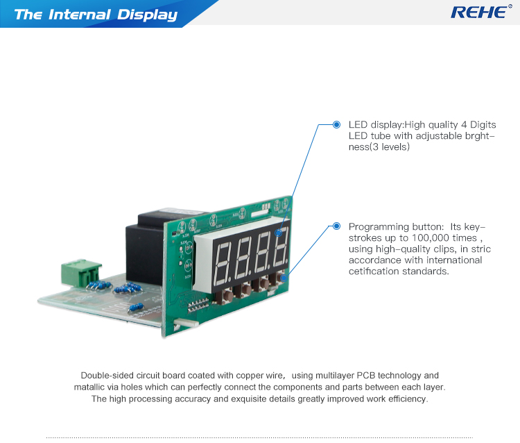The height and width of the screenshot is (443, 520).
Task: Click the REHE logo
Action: pos(481,12)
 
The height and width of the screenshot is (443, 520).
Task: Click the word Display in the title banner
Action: pos(147,15)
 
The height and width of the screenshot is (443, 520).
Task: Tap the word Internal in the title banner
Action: pos(80,15)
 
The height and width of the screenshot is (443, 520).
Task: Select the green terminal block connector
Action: pos(81,273)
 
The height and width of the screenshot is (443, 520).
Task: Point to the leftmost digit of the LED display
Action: pos(222,265)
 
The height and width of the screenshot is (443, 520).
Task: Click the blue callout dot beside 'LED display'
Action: pos(336,124)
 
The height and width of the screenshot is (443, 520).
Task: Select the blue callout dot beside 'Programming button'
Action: pos(336,226)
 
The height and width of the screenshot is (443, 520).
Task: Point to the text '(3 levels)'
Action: pos(390,147)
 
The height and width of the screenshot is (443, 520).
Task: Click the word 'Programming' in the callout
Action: pos(379,227)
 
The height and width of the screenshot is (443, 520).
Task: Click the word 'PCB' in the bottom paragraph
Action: pos(366,375)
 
